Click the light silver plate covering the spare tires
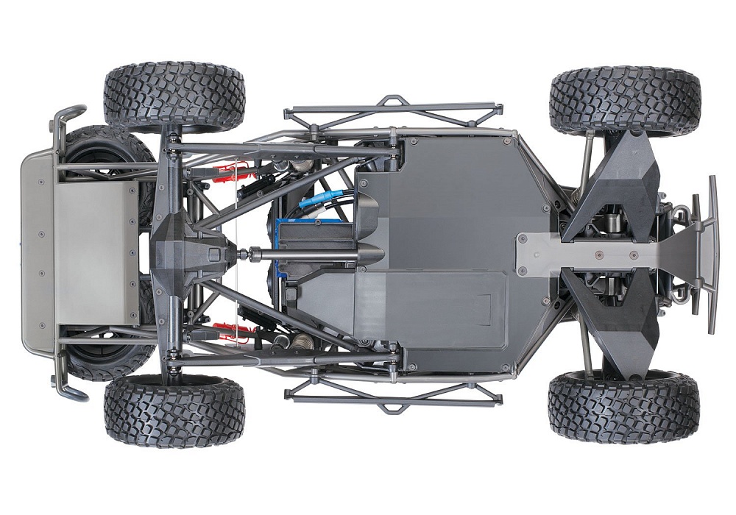click(x=96, y=254)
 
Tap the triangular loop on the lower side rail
click(x=394, y=405)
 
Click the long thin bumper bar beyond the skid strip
click(x=712, y=254)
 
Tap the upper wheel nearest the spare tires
click(x=174, y=96)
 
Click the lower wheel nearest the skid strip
click(x=624, y=406)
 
